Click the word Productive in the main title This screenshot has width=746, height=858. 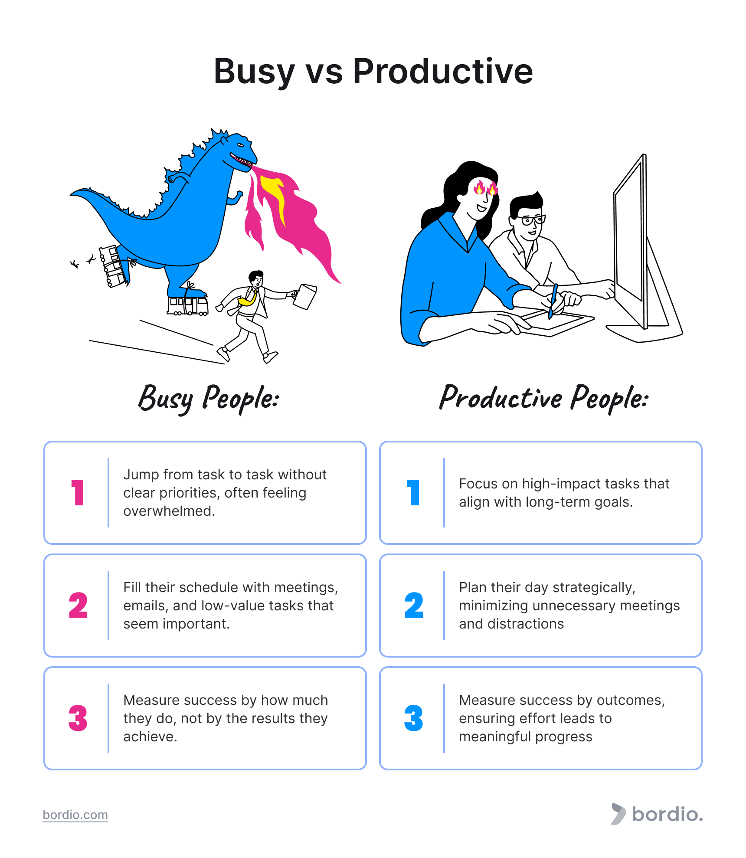[442, 72]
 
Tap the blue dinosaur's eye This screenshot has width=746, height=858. [240, 145]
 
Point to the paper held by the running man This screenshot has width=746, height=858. [306, 296]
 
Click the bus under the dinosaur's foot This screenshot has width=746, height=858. [188, 305]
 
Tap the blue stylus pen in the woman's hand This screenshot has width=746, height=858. [553, 299]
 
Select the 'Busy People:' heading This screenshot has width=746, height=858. [209, 398]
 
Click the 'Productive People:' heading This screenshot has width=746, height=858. [544, 398]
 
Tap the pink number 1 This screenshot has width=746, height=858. [78, 493]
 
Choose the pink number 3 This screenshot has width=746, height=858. [78, 718]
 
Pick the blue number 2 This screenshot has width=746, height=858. [414, 606]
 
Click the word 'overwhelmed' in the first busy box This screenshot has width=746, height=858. [168, 511]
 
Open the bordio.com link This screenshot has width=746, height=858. [75, 815]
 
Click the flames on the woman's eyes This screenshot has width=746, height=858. [486, 188]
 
